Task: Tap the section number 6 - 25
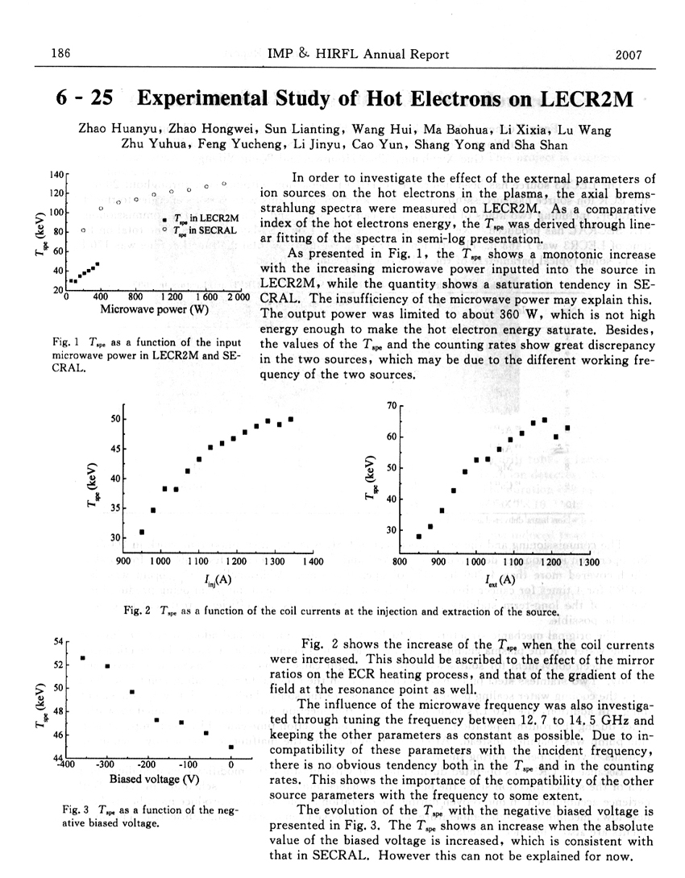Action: tap(84, 99)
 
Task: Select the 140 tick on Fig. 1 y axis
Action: tap(56, 175)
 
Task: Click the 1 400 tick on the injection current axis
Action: tap(311, 561)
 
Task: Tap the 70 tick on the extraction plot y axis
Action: tap(392, 406)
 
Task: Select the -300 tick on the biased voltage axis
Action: tap(105, 764)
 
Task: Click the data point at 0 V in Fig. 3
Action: tap(231, 747)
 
